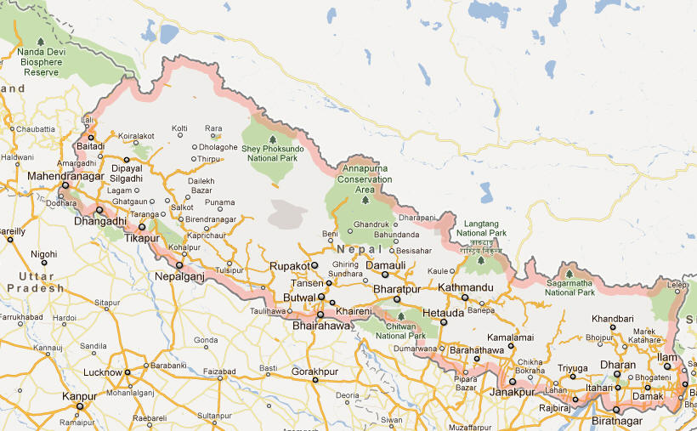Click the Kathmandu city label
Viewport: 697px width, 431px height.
pos(466,287)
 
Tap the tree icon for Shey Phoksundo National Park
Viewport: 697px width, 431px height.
pos(272,139)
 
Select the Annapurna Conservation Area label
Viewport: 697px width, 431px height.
pos(365,179)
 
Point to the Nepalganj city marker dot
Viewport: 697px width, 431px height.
pos(179,265)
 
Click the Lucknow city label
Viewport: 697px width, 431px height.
pos(102,372)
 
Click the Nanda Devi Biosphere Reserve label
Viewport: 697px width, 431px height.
pos(41,62)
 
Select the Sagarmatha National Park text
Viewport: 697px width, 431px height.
pos(569,287)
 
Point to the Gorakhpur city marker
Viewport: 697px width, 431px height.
pos(315,380)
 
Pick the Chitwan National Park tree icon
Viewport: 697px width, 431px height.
pos(400,316)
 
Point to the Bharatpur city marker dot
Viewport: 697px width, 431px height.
pos(396,298)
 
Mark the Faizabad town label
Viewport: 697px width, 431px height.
pos(219,371)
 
